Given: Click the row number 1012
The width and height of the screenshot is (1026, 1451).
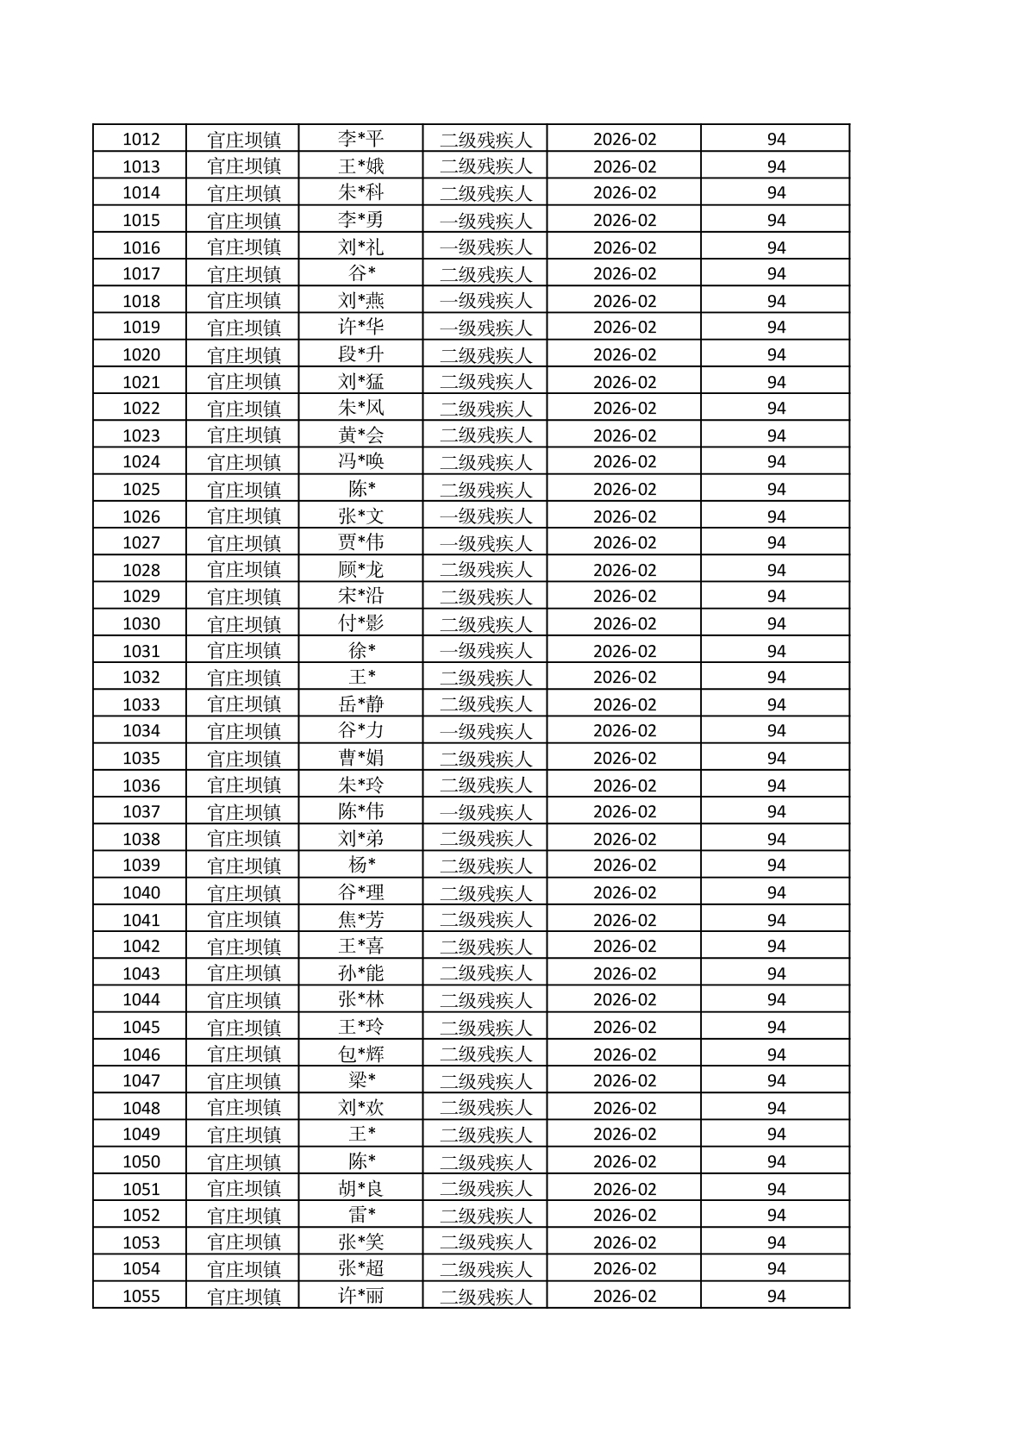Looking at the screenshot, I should [x=141, y=139].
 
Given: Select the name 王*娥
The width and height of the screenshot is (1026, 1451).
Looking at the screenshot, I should [x=360, y=166].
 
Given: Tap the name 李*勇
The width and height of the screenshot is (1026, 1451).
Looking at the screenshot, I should [x=360, y=220].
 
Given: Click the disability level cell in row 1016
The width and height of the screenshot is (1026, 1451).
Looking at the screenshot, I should [x=485, y=247].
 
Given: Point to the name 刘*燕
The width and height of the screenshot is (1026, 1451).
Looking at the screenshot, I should [x=360, y=301].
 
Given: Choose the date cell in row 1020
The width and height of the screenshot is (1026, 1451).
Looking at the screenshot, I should [x=624, y=354].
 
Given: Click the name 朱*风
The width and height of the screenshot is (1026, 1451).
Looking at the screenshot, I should [x=360, y=408].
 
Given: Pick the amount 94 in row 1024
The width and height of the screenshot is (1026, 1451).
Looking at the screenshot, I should [x=776, y=461].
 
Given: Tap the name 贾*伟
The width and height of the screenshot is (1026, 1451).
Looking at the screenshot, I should [x=360, y=542].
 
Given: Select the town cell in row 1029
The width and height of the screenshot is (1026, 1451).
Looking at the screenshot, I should [x=244, y=596].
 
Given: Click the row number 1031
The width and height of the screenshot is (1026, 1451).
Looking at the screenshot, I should [x=141, y=651].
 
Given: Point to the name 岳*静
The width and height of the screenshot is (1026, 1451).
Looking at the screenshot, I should [x=360, y=704].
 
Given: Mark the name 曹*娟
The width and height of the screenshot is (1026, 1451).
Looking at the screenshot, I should [x=360, y=758].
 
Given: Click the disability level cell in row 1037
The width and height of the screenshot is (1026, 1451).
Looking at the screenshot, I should [x=485, y=811].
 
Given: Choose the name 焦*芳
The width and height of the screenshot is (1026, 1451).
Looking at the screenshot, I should [x=360, y=920].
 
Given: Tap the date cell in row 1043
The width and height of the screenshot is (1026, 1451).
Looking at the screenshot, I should [x=624, y=973].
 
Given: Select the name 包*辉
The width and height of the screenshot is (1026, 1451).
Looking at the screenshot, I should [x=360, y=1054].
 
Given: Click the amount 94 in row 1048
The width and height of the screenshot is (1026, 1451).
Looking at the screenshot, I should [x=776, y=1108].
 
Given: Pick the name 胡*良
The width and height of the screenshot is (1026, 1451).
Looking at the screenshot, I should [x=360, y=1189].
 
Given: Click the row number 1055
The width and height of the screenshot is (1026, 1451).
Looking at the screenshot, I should [x=141, y=1296].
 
